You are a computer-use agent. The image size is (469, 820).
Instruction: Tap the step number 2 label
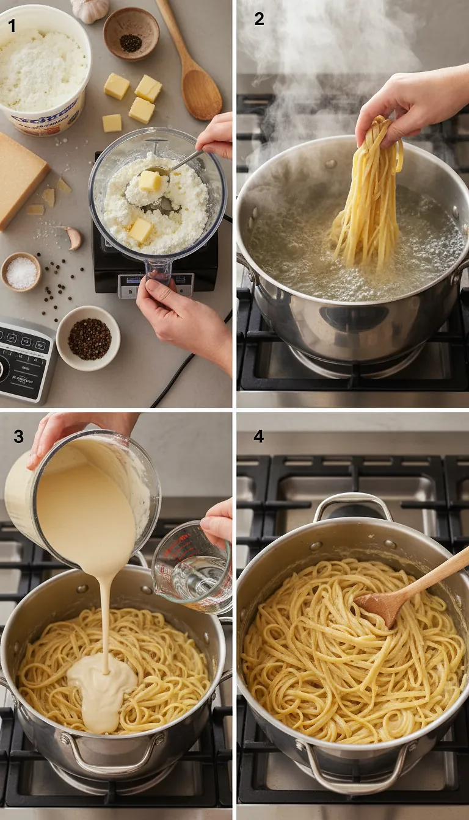tap(259, 19)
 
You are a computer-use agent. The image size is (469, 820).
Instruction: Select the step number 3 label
tap(20, 436)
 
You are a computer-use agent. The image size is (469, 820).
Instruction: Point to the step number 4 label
tap(259, 436)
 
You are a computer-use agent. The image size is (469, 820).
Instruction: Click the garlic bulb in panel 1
tap(90, 9)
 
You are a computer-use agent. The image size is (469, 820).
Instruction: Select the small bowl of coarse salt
tap(21, 272)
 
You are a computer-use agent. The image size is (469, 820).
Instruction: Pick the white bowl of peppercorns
tap(89, 338)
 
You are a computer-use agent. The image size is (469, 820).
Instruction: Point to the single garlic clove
tap(74, 237)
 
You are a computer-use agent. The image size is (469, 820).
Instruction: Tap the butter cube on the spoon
tap(150, 181)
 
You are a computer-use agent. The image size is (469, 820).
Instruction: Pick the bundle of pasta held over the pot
tap(370, 195)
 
